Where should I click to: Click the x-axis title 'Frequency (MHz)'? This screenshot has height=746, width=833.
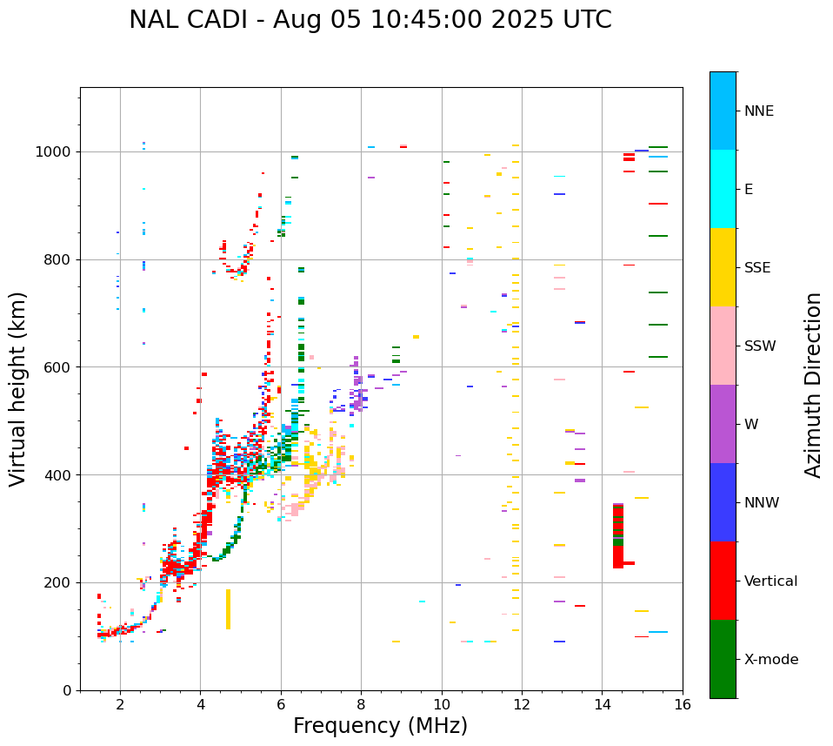coord(380,726)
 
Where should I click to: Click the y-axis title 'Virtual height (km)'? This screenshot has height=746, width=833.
coord(18,388)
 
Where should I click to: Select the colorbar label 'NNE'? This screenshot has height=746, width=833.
coord(758,111)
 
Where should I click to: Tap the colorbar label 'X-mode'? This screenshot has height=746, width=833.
coord(770,660)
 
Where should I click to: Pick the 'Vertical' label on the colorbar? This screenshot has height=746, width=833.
coord(770,581)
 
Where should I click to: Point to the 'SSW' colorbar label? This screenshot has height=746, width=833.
coord(760,346)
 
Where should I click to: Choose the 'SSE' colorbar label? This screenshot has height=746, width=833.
coord(757,268)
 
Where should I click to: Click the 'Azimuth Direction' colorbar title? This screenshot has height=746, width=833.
coord(813,385)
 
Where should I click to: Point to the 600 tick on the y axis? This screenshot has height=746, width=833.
coord(61,367)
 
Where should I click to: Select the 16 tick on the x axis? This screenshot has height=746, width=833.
coord(683,704)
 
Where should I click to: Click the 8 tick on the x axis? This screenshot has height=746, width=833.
coord(361,704)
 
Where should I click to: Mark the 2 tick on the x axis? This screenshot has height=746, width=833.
coord(120,704)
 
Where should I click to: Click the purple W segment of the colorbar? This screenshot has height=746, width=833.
coord(723,424)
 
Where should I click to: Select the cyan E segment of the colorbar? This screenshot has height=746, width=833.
coord(723,189)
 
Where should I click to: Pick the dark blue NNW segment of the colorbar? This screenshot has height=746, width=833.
coord(723,502)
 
